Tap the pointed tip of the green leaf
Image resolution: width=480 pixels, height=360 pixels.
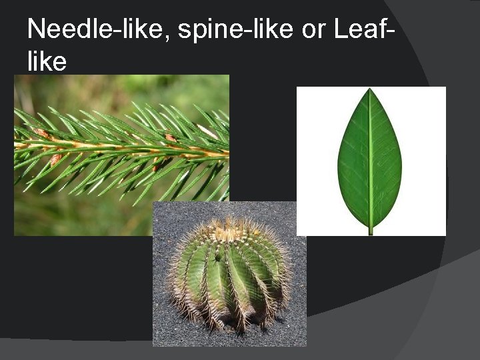point(369,91)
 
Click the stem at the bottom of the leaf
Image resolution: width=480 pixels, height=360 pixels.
point(370,230)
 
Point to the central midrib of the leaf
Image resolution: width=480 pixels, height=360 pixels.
point(370,160)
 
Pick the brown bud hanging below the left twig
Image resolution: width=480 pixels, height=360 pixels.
point(56,159)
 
